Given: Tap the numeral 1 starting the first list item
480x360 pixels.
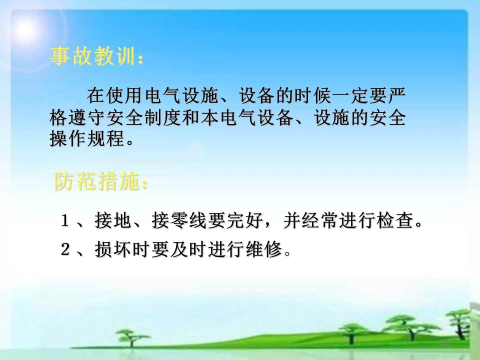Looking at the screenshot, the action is coord(64,220).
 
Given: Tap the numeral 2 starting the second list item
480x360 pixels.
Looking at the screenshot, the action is coord(65,249).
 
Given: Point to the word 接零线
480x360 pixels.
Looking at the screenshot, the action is coord(179,220).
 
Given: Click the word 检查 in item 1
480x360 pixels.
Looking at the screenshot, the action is coord(395,220).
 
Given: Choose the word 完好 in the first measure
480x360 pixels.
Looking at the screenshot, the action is coord(245,220).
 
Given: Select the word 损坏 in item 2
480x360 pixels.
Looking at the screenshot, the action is coord(113,249).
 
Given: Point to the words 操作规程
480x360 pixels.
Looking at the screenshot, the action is coord(87,138).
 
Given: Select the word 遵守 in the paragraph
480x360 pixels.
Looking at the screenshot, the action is coord(87,117).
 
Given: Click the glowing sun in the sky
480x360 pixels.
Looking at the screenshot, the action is coord(25,29).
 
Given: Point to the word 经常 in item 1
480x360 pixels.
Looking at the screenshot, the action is coord(320,220).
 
